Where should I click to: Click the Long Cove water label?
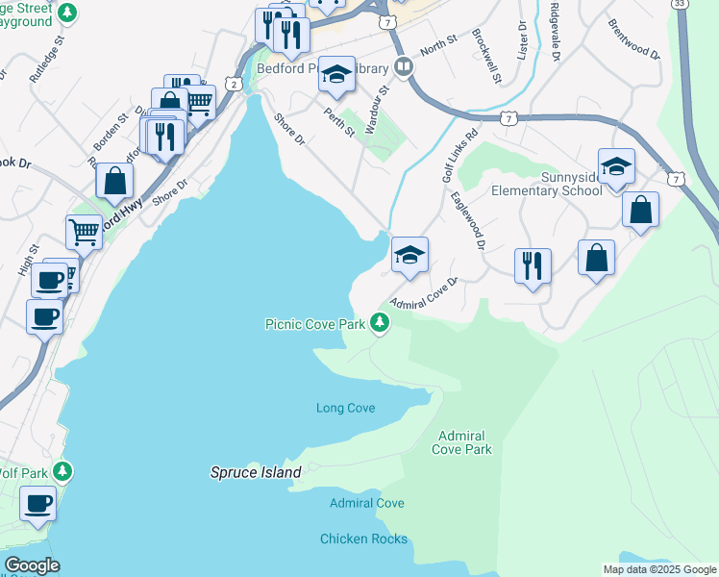345,408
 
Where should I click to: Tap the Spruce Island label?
256,472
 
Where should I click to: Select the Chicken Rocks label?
363,539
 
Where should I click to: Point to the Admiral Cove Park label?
464,442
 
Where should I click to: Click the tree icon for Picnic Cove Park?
381,323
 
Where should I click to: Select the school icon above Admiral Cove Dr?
409,256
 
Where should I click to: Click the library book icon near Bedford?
404,67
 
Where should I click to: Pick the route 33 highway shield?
680,5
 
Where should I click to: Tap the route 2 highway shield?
235,85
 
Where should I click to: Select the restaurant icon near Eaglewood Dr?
533,264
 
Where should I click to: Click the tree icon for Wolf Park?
62,471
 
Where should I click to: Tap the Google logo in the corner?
32,565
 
